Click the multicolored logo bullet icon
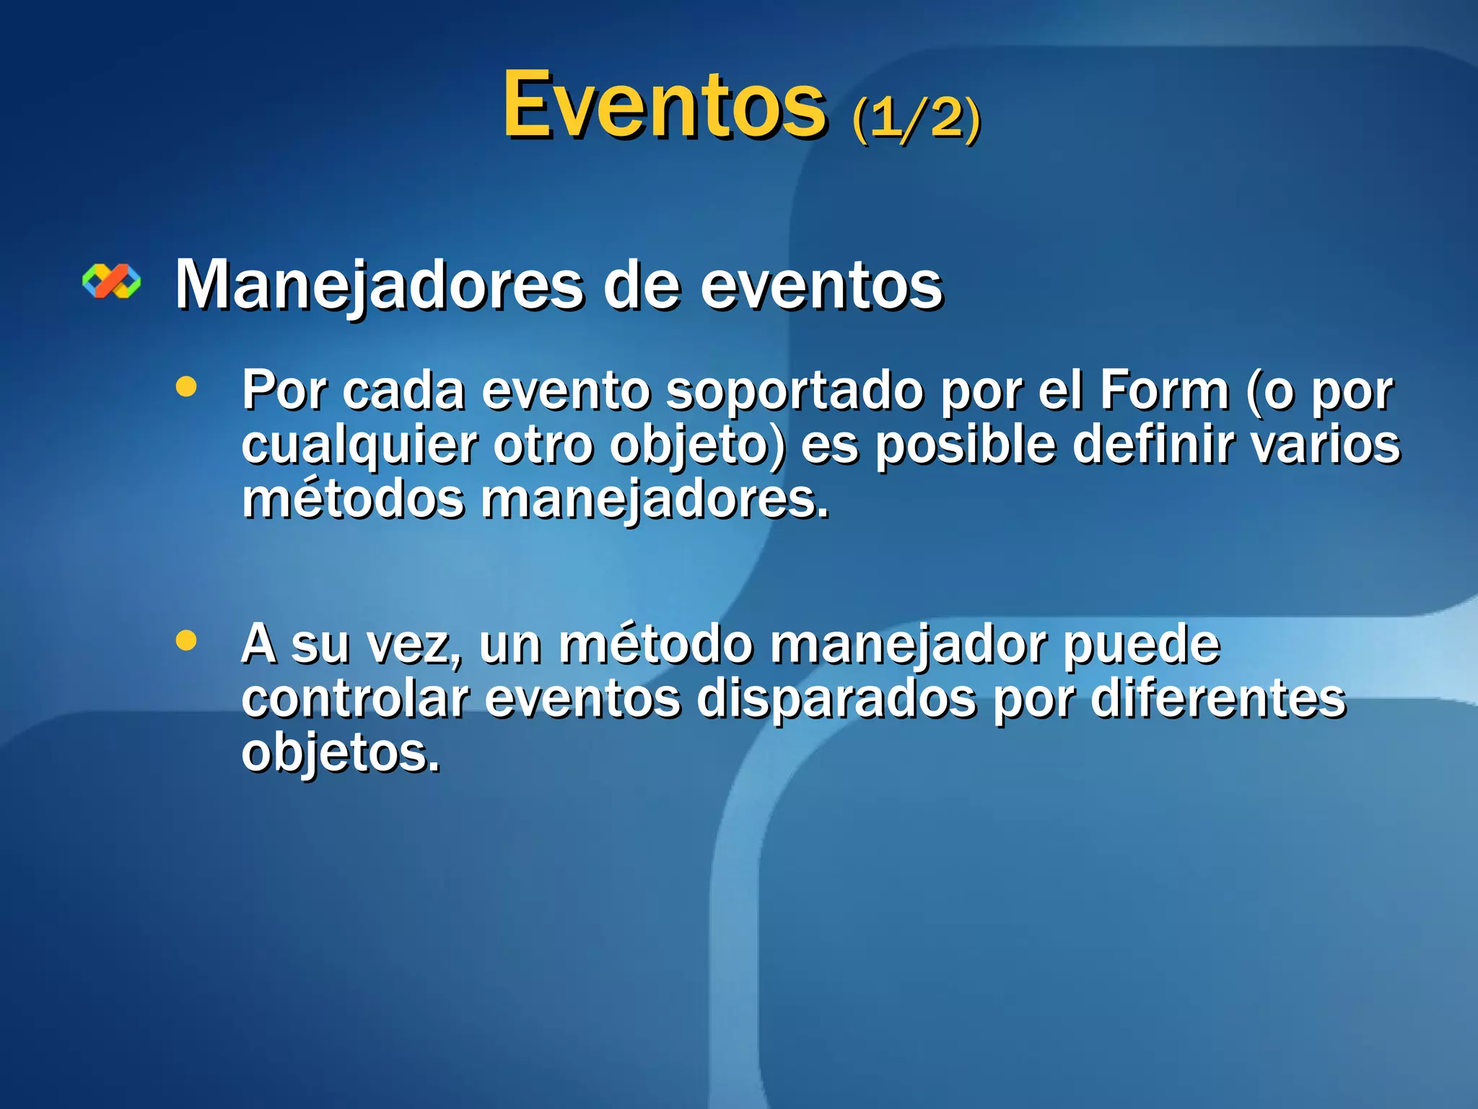(112, 281)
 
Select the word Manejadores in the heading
(379, 285)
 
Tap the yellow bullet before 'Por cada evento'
(186, 386)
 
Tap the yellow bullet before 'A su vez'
(186, 640)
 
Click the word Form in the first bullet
(1163, 391)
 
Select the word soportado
(794, 391)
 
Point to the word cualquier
(359, 445)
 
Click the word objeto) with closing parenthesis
(697, 445)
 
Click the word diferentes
(1217, 698)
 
